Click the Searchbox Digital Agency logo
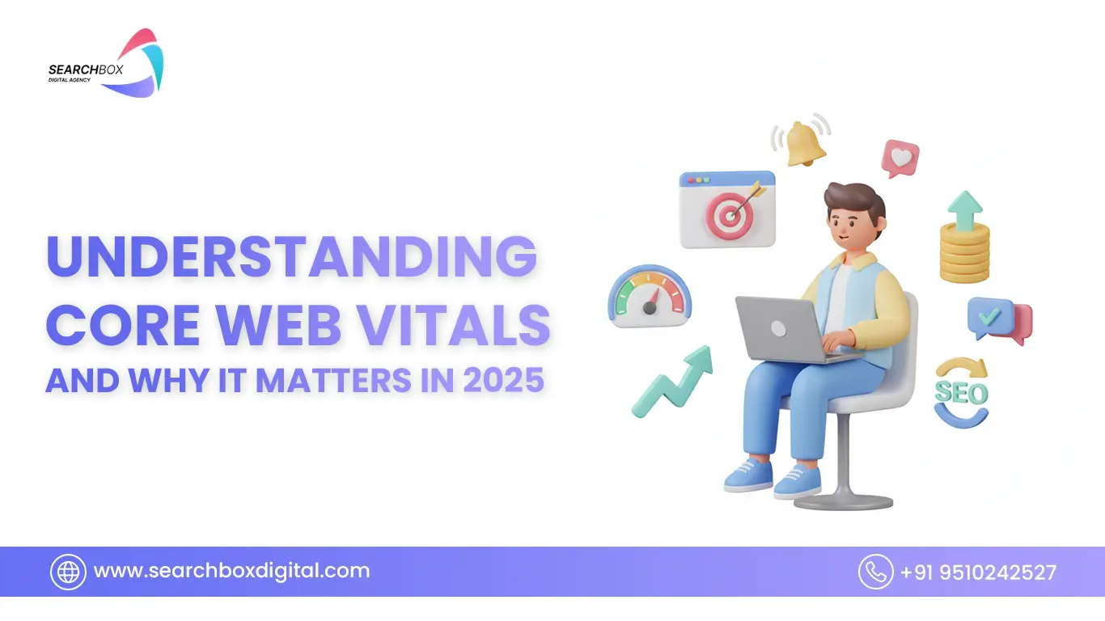click(x=106, y=63)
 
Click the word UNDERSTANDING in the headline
click(x=291, y=256)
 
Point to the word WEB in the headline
click(x=279, y=325)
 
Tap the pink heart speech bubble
click(x=900, y=158)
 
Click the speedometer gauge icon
click(x=650, y=297)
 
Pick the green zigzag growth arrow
click(x=672, y=382)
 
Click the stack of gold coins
click(x=964, y=253)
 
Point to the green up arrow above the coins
click(x=965, y=210)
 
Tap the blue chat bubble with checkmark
click(x=991, y=318)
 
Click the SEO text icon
click(x=962, y=393)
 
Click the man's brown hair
click(x=854, y=203)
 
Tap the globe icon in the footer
click(x=68, y=572)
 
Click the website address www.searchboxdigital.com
click(x=231, y=571)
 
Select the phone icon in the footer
click(x=875, y=572)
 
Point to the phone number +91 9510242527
click(x=979, y=572)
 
